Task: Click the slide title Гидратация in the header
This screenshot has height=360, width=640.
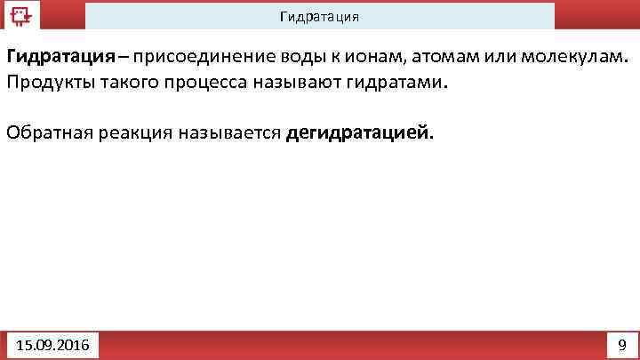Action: [319, 17]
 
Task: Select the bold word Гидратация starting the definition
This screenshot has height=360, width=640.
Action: [61, 57]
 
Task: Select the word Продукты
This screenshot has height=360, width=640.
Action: [45, 82]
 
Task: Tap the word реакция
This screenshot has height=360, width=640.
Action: [127, 133]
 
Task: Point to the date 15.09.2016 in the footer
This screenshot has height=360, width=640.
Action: [52, 344]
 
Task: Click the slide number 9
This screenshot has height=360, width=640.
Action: [621, 344]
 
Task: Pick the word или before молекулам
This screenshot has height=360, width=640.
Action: [500, 57]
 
